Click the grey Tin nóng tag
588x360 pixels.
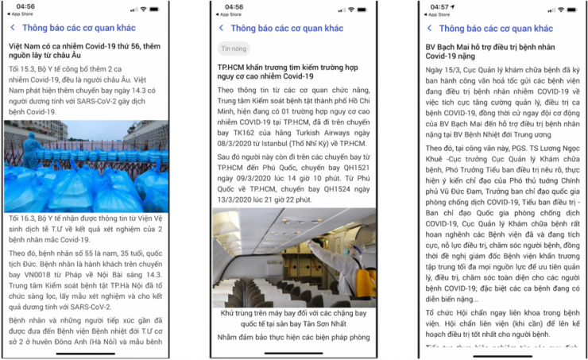(234, 48)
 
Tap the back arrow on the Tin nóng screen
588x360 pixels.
(221, 28)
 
